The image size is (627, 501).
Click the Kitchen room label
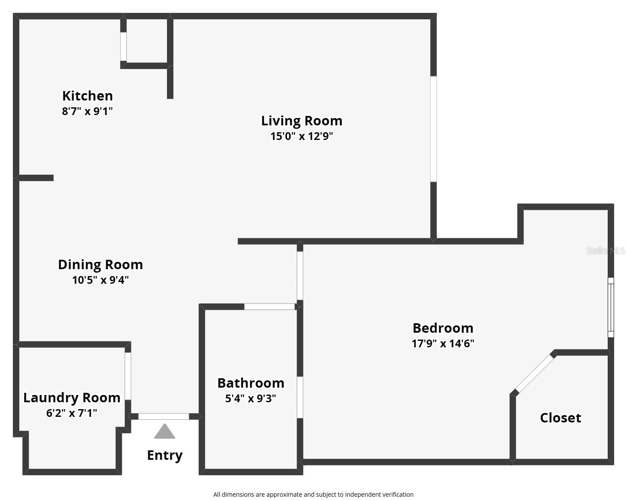click(x=88, y=96)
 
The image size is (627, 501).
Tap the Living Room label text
click(x=302, y=121)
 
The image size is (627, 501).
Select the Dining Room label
click(x=100, y=264)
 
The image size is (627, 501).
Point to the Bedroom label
click(x=443, y=328)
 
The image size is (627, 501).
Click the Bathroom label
click(x=251, y=383)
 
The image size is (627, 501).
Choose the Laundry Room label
click(x=72, y=398)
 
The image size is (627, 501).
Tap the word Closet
click(x=560, y=418)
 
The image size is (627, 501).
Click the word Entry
click(x=165, y=455)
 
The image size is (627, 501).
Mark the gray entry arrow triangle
click(x=164, y=432)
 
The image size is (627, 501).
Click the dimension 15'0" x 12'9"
click(x=302, y=137)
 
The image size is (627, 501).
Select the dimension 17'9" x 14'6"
click(x=443, y=343)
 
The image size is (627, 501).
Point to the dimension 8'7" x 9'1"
click(x=88, y=112)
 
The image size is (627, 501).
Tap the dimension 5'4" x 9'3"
click(x=251, y=398)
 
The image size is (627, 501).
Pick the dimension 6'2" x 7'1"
click(x=72, y=413)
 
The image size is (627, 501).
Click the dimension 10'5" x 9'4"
click(x=100, y=280)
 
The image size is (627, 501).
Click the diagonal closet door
click(x=534, y=373)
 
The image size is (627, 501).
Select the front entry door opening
click(x=164, y=416)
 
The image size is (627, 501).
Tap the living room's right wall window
click(x=433, y=129)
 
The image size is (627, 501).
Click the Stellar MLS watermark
click(x=606, y=250)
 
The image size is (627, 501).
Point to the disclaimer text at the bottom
click(x=313, y=495)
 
